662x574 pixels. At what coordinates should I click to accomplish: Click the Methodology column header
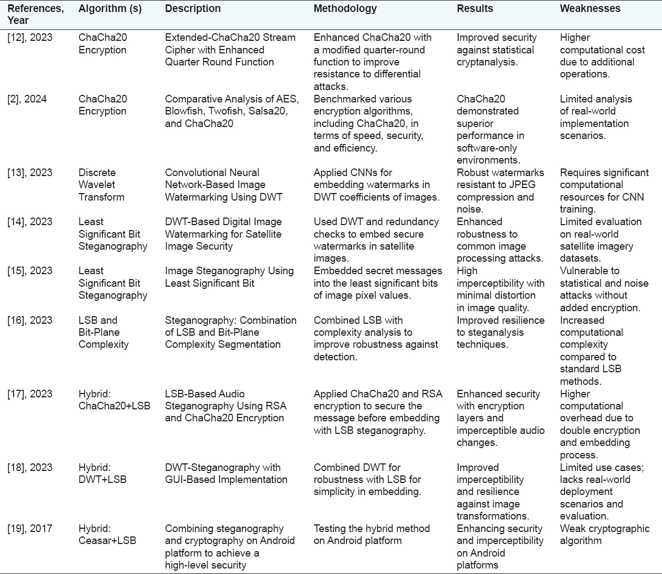coord(345,9)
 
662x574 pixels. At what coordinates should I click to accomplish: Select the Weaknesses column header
coord(590,9)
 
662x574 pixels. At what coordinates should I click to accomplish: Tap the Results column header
coord(475,9)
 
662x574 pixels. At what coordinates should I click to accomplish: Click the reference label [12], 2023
coord(30,38)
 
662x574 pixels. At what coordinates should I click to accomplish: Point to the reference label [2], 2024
coord(27,99)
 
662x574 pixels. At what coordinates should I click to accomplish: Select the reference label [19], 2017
coord(30,529)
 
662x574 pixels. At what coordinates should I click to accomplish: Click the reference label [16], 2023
coord(30,320)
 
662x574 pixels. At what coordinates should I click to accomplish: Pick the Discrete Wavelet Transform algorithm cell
coord(101,185)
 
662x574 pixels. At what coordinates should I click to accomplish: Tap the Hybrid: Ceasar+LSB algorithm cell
coord(107,535)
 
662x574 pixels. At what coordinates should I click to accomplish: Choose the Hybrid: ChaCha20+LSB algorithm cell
coord(114,400)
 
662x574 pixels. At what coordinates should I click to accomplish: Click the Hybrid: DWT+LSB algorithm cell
coord(102,473)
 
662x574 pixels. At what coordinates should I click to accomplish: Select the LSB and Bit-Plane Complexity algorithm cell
coord(104,332)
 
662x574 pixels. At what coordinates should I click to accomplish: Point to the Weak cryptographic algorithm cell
coord(604,535)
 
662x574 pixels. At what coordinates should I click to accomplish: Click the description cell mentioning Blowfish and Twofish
coord(232,111)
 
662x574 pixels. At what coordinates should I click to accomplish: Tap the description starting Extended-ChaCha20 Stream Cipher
coord(230,50)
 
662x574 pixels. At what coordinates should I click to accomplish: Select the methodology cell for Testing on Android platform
coord(372,535)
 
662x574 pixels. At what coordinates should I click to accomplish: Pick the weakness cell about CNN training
coord(604,191)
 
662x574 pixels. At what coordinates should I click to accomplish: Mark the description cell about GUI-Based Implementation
coord(226,473)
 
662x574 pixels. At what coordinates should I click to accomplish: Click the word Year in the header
coord(18,21)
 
